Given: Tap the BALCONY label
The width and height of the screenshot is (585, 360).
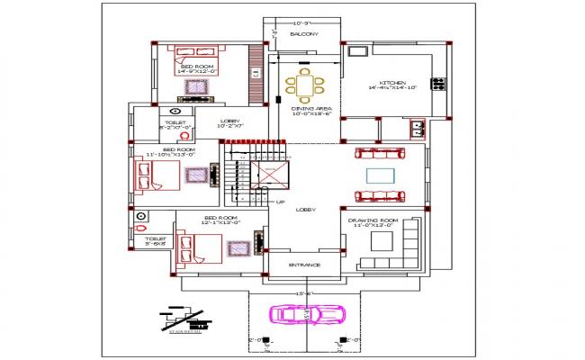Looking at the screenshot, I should click(303, 35).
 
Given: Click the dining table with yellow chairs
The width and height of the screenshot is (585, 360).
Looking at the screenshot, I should click(305, 86).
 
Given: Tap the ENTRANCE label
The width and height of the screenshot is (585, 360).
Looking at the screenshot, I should click(303, 265).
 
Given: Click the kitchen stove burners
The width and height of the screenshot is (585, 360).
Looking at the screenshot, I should click(438, 85).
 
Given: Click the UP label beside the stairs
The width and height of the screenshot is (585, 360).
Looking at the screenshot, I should click(280, 202).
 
